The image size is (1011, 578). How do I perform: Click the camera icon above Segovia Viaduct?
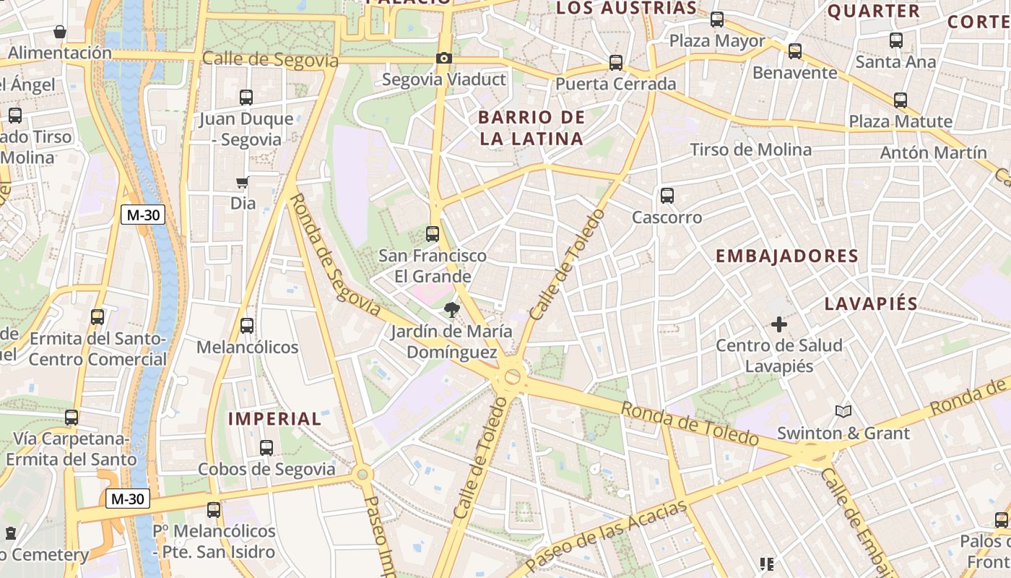click(x=443, y=58)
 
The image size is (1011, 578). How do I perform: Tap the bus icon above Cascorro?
click(x=667, y=195)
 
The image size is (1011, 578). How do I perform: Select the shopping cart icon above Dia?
click(x=243, y=183)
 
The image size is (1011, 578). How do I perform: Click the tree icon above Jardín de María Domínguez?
click(x=452, y=311)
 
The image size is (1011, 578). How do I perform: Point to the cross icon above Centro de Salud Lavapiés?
click(x=778, y=324)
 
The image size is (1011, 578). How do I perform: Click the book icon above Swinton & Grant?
click(x=843, y=412)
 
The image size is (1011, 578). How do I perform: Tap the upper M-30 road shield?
click(x=142, y=215)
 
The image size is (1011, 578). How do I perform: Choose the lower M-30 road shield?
click(x=128, y=499)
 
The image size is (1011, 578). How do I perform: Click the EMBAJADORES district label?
click(x=786, y=256)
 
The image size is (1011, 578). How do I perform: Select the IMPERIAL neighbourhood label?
click(x=274, y=418)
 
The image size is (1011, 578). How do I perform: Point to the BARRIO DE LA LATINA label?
click(x=531, y=128)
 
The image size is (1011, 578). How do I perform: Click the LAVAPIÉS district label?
click(x=871, y=303)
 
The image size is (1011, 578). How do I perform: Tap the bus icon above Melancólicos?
click(x=247, y=326)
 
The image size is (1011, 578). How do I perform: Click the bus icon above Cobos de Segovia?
click(x=266, y=448)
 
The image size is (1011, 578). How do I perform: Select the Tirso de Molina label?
click(x=751, y=150)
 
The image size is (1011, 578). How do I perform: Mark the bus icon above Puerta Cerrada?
click(x=615, y=63)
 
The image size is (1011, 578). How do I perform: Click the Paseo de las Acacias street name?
click(x=607, y=535)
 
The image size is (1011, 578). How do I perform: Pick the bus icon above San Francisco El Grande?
click(x=433, y=234)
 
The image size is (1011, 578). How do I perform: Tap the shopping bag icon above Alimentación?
click(x=60, y=32)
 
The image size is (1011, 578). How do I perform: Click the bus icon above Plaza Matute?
click(x=900, y=100)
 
